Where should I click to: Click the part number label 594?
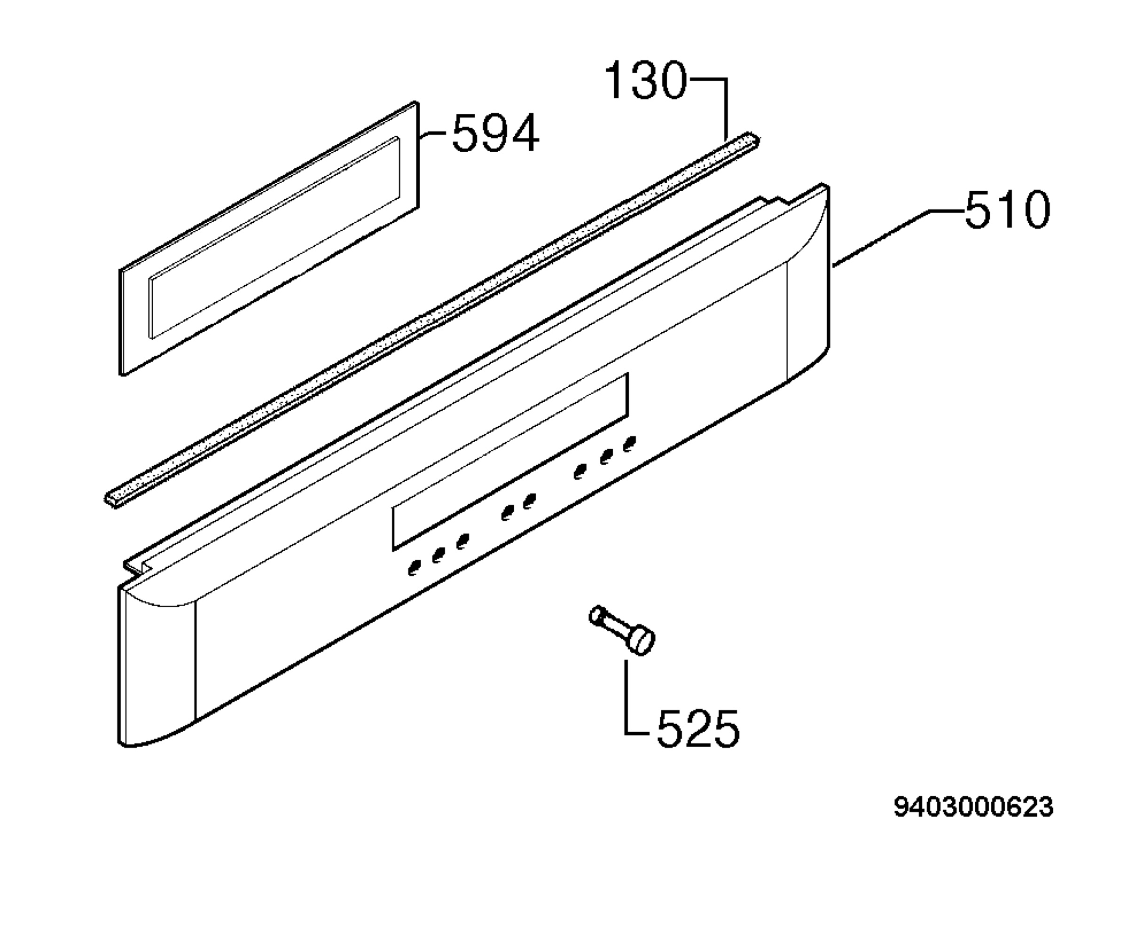pyautogui.click(x=495, y=133)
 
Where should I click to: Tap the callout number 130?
pyautogui.click(x=646, y=80)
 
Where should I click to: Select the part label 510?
pyautogui.click(x=1007, y=210)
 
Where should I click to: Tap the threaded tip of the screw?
pyautogui.click(x=596, y=615)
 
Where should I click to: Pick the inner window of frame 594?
pyautogui.click(x=274, y=237)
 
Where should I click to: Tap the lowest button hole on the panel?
pyautogui.click(x=414, y=568)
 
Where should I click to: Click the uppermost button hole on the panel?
pyautogui.click(x=629, y=444)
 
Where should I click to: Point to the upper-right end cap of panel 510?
pyautogui.click(x=808, y=279)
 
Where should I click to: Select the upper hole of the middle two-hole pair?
pyautogui.click(x=530, y=501)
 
